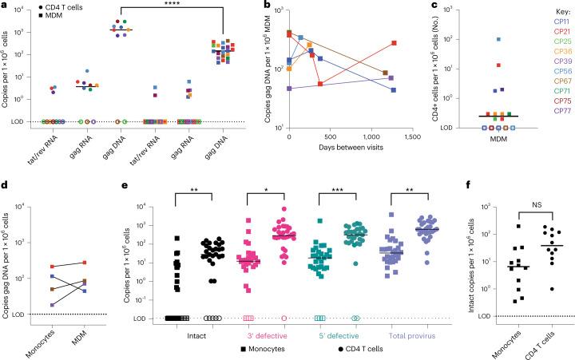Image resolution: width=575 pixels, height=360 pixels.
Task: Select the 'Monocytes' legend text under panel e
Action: [253, 350]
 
